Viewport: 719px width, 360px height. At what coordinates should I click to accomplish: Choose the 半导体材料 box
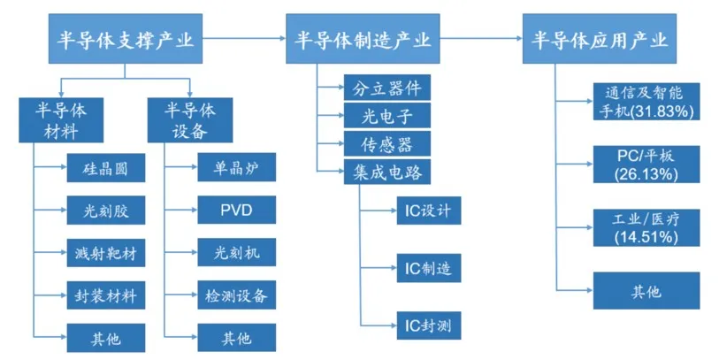pyautogui.click(x=60, y=119)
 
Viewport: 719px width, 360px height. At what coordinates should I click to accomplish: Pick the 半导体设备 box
pyautogui.click(x=190, y=119)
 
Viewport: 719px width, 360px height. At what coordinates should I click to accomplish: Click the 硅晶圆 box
pyautogui.click(x=104, y=167)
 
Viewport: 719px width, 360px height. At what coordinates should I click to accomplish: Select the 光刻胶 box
pyautogui.click(x=104, y=210)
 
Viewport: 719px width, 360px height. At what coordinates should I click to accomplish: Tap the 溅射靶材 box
pyautogui.click(x=104, y=252)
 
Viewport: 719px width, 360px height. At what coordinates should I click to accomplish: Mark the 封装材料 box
pyautogui.click(x=104, y=294)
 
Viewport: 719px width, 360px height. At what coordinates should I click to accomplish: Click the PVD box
pyautogui.click(x=236, y=210)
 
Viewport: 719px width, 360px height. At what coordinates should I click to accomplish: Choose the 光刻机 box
pyautogui.click(x=236, y=252)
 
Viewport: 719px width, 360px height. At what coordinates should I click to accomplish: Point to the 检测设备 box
pyautogui.click(x=236, y=294)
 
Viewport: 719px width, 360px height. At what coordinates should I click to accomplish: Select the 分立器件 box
pyautogui.click(x=387, y=88)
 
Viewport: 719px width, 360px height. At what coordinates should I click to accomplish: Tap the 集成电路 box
pyautogui.click(x=387, y=172)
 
